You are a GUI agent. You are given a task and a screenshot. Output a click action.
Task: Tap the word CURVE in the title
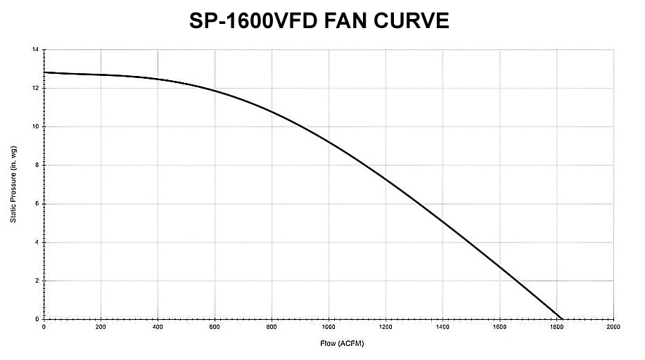click(x=414, y=22)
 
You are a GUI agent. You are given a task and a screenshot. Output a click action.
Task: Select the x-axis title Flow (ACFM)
click(x=340, y=345)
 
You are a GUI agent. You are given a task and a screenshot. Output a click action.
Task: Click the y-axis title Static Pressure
click(x=13, y=185)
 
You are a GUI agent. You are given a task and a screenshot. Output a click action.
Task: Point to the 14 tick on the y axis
click(x=35, y=50)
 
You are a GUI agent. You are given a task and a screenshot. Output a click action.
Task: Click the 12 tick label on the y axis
click(x=35, y=89)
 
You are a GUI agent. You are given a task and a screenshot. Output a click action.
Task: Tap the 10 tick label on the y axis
click(x=35, y=127)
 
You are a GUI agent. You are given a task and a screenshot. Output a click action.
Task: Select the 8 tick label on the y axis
click(x=37, y=165)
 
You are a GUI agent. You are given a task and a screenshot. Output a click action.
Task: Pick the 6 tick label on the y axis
click(x=37, y=204)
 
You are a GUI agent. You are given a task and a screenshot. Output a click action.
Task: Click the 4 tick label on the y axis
click(x=37, y=242)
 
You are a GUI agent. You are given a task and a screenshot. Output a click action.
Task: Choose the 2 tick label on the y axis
click(x=37, y=281)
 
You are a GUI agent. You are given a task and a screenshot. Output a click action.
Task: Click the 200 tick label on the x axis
click(x=101, y=328)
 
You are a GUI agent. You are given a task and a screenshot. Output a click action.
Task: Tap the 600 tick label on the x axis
click(x=215, y=328)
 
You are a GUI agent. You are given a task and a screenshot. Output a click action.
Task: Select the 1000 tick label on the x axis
click(x=328, y=328)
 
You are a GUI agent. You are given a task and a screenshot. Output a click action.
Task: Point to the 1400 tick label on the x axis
click(x=442, y=328)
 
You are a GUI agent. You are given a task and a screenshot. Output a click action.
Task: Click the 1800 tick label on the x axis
click(x=556, y=328)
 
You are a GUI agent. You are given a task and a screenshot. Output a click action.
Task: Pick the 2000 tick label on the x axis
click(x=613, y=328)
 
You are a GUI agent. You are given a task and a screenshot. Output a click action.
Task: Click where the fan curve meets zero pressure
click(x=562, y=319)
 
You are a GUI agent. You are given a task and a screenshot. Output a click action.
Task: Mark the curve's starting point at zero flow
click(x=44, y=72)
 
